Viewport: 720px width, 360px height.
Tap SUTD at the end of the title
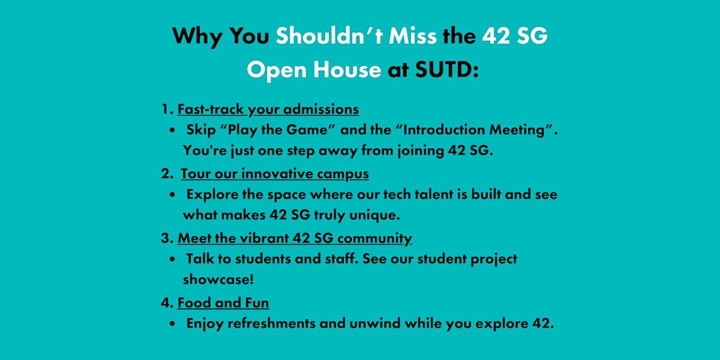click(446, 70)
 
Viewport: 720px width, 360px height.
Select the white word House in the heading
click(347, 70)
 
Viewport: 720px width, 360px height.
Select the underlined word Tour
click(196, 173)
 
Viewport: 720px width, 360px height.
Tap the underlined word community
click(375, 239)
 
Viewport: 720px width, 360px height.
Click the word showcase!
click(218, 279)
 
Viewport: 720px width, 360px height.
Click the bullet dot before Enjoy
click(173, 323)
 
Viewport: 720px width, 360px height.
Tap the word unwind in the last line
click(375, 323)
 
